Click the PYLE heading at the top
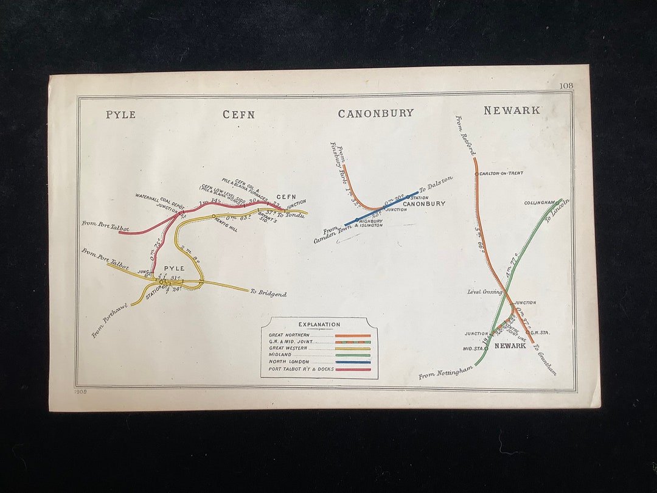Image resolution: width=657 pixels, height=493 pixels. click(120, 114)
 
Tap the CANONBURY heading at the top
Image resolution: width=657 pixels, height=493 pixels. click(375, 113)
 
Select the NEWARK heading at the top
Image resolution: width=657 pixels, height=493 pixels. click(512, 110)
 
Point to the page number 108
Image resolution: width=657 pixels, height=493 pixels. click(566, 86)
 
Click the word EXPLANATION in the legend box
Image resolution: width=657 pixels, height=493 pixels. click(319, 324)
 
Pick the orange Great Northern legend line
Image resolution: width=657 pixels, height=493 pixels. click(352, 335)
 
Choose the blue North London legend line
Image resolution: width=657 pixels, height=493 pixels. click(352, 362)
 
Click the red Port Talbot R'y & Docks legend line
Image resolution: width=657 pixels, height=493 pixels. click(352, 369)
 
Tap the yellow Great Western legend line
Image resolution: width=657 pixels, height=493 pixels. click(352, 349)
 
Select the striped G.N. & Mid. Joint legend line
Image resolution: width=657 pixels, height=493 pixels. click(352, 342)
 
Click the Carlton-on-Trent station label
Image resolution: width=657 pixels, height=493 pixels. click(501, 173)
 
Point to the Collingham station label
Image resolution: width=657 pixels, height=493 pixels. click(540, 203)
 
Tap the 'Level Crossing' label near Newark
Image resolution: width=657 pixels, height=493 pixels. click(485, 292)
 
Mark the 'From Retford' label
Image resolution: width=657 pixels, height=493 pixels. click(465, 135)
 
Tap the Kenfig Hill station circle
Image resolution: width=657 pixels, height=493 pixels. click(214, 217)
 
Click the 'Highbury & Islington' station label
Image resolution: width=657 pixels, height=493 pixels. click(370, 223)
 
